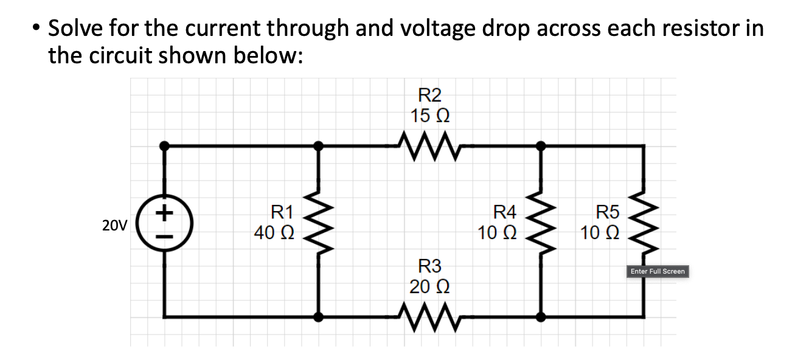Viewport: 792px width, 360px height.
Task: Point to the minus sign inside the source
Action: click(x=164, y=237)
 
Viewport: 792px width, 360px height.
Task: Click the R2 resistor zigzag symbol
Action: click(x=425, y=147)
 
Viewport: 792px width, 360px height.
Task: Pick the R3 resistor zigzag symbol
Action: click(x=425, y=316)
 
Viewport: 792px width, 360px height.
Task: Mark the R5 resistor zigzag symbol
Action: click(x=644, y=223)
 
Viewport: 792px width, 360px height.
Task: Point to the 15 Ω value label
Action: click(x=429, y=115)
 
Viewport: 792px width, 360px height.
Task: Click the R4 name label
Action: click(x=504, y=212)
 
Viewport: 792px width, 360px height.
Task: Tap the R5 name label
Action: click(x=607, y=212)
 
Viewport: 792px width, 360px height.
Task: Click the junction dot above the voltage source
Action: click(x=164, y=146)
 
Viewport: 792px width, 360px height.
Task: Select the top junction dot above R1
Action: click(x=318, y=146)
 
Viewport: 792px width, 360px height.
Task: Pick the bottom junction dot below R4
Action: click(x=540, y=316)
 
